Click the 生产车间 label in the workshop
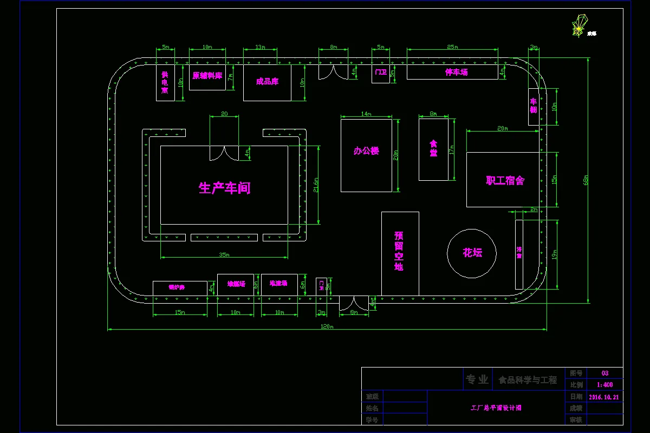click(224, 188)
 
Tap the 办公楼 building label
click(366, 151)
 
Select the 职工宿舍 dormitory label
click(505, 180)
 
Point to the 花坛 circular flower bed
click(472, 253)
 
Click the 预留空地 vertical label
click(399, 251)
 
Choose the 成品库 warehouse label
click(267, 82)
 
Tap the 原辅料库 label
click(207, 76)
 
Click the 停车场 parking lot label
click(456, 72)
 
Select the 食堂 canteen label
click(433, 149)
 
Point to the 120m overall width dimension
click(327, 327)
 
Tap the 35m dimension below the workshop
click(224, 254)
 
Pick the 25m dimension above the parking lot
click(453, 47)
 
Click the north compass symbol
click(579, 25)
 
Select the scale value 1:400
click(604, 385)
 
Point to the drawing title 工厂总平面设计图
click(496, 408)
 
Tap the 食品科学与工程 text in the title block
click(528, 380)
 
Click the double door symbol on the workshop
click(224, 154)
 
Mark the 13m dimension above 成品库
click(260, 47)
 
